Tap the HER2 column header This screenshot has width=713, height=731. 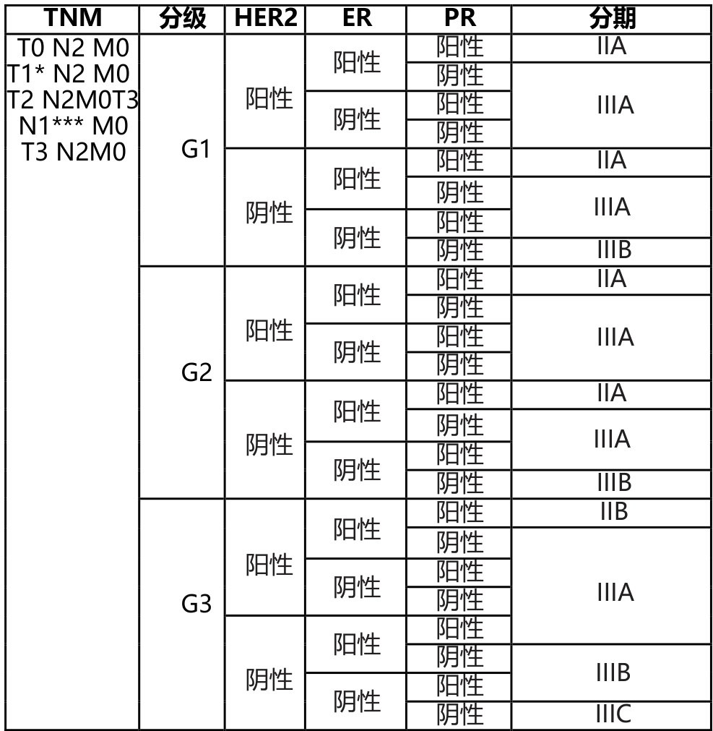[x=266, y=18]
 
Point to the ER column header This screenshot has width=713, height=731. [x=356, y=18]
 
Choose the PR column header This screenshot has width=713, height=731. [x=459, y=18]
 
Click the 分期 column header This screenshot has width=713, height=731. [x=612, y=18]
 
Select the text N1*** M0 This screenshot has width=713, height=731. [x=73, y=126]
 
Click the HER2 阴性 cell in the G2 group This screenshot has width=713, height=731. [x=269, y=445]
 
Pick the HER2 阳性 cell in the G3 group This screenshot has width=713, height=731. [x=269, y=564]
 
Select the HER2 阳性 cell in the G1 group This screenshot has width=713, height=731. [x=269, y=98]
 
